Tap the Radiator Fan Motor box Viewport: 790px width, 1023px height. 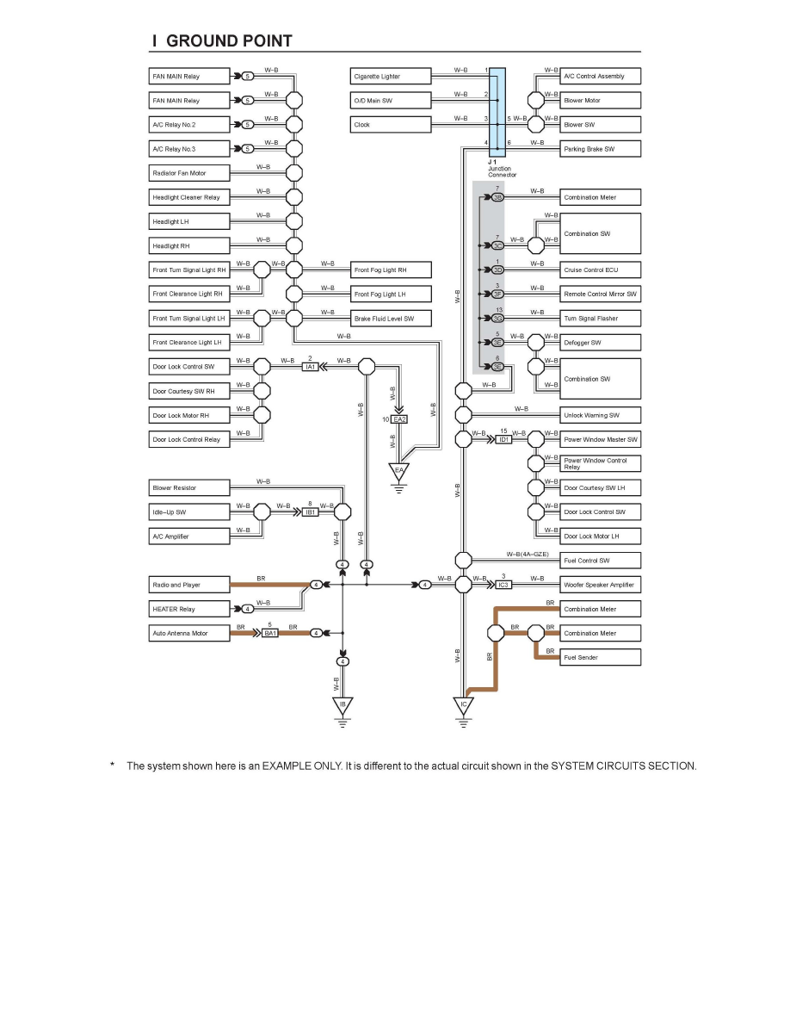click(190, 173)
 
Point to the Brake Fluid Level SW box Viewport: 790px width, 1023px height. click(392, 319)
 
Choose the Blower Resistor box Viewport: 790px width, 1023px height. click(190, 488)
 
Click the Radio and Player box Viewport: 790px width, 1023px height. click(190, 585)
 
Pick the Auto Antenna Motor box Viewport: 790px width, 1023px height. click(190, 634)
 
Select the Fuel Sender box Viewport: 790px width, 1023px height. click(601, 658)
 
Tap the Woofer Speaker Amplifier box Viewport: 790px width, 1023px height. click(601, 585)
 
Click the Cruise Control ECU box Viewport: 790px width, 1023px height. click(601, 270)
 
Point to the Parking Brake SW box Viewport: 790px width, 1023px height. click(601, 149)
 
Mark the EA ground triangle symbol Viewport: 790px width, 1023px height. click(399, 471)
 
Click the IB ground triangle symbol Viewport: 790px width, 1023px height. click(343, 706)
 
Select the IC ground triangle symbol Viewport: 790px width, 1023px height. click(464, 706)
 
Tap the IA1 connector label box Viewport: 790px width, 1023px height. click(311, 367)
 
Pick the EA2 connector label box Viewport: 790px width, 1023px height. click(399, 419)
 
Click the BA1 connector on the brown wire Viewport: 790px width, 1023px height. click(270, 634)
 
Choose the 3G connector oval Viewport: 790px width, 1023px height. click(497, 319)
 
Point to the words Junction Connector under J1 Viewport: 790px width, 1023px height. click(503, 171)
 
